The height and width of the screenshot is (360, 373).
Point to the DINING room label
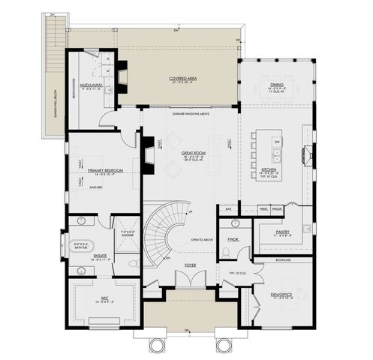pyautogui.click(x=277, y=85)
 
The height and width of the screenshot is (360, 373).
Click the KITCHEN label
pyautogui.click(x=271, y=170)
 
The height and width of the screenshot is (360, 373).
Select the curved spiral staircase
pyautogui.click(x=159, y=232)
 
